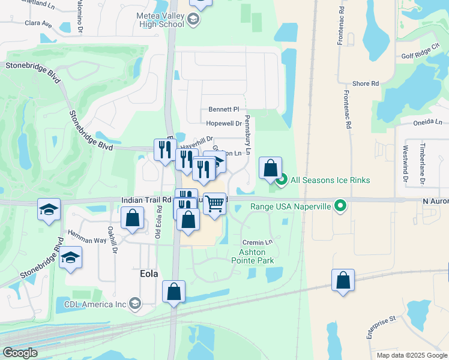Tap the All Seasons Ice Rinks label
[330, 180]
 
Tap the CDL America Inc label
[95, 304]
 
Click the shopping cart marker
[214, 203]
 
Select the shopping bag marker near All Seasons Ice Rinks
[271, 168]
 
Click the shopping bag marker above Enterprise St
[343, 280]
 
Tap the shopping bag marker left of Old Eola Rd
[132, 218]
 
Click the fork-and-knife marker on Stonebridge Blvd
[164, 149]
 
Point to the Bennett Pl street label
[224, 110]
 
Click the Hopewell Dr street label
[223, 123]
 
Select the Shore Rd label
[366, 84]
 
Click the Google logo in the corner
[20, 353]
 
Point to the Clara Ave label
[38, 25]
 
